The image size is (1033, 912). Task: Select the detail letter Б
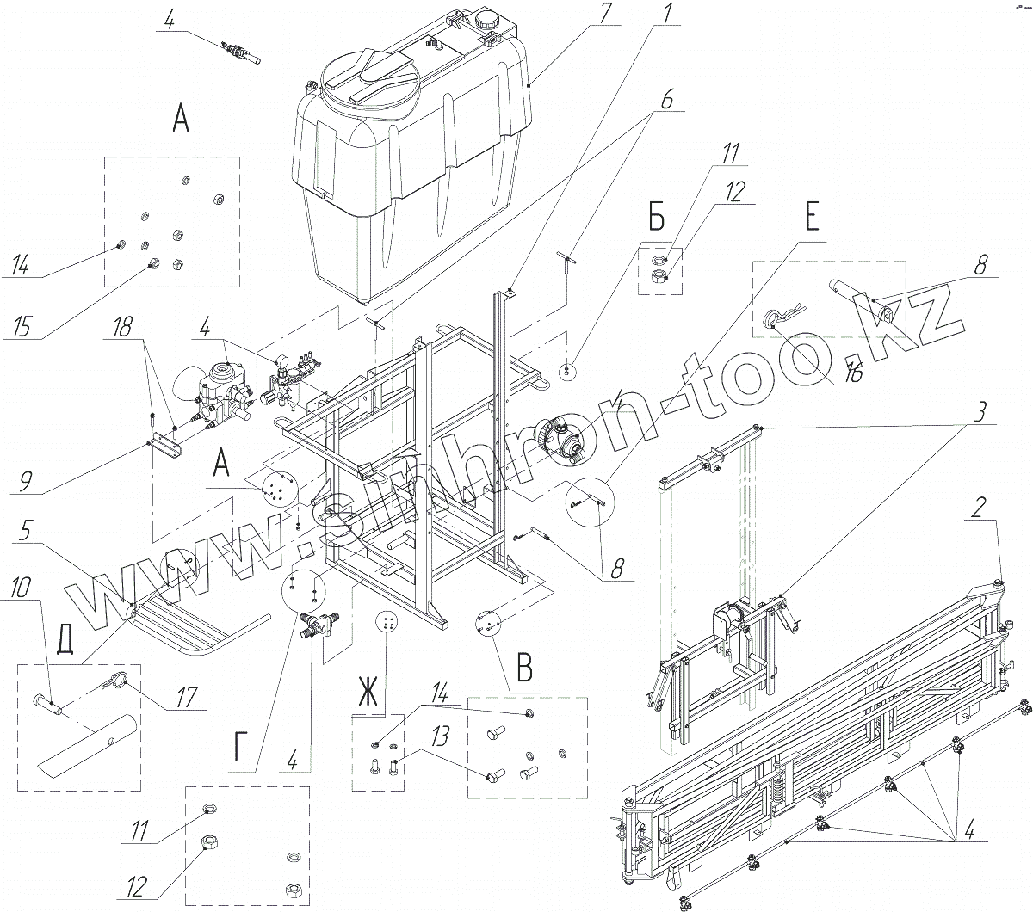656,220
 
